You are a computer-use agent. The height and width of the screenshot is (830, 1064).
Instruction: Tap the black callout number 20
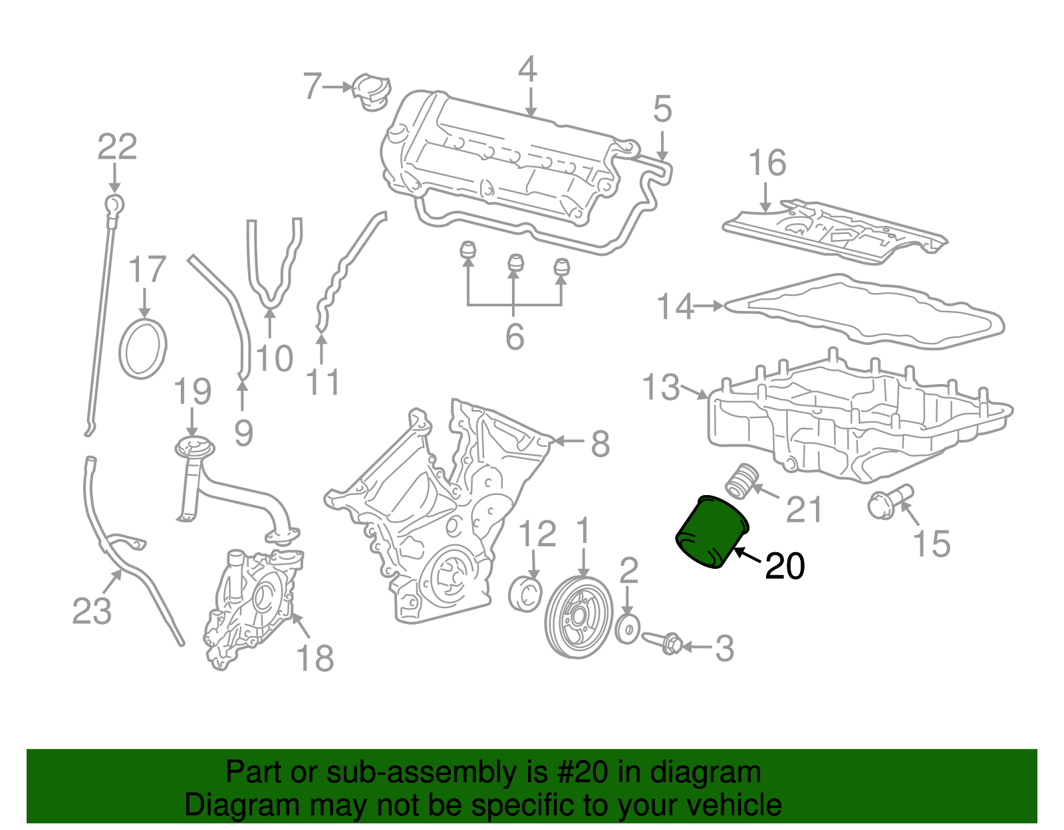coord(785,566)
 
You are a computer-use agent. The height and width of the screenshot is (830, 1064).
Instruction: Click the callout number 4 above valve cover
coord(527,69)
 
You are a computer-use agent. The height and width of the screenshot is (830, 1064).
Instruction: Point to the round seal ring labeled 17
coord(142,348)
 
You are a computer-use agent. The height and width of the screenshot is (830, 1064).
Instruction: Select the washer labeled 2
coord(627,629)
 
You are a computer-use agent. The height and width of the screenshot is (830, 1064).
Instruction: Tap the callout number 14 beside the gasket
coord(675,307)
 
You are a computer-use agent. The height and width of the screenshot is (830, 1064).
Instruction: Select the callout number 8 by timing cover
coord(600,443)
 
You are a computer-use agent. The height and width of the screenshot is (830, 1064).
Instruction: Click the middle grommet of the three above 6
coord(514,264)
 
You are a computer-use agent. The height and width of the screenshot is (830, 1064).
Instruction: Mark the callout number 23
coord(92,611)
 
